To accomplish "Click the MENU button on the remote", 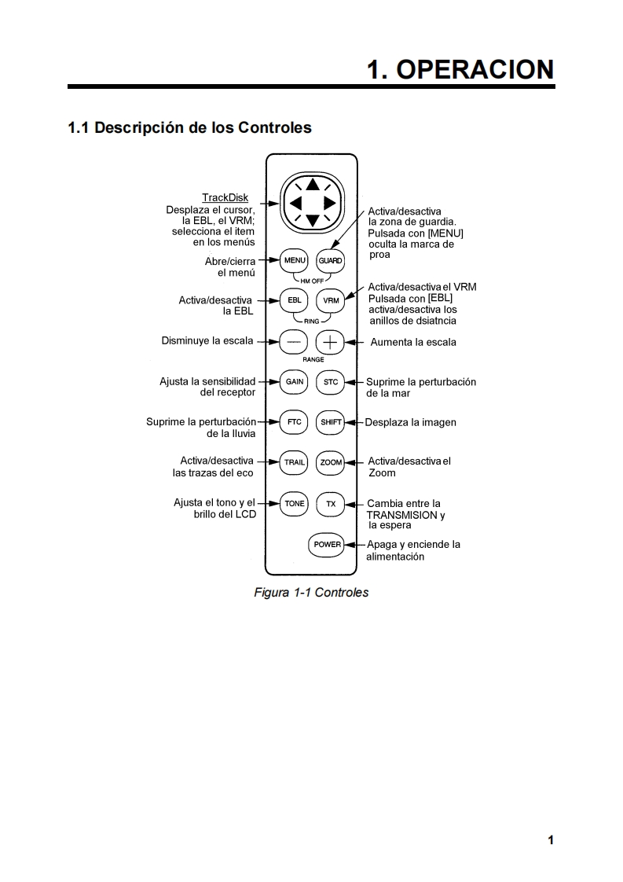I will pyautogui.click(x=295, y=260).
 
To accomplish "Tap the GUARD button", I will pyautogui.click(x=331, y=260).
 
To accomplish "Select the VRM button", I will pyautogui.click(x=331, y=300).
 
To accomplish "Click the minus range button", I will pyautogui.click(x=295, y=342).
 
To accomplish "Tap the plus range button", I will pyautogui.click(x=331, y=342).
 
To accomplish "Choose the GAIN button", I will pyautogui.click(x=295, y=382).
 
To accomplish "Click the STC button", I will pyautogui.click(x=331, y=382).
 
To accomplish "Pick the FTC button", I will pyautogui.click(x=295, y=422).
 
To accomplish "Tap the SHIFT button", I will pyautogui.click(x=331, y=422).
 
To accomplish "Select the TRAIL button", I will pyautogui.click(x=295, y=462).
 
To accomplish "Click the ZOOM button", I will pyautogui.click(x=331, y=462).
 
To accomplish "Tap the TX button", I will pyautogui.click(x=331, y=504).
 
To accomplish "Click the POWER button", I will pyautogui.click(x=328, y=544).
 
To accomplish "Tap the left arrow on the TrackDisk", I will pyautogui.click(x=295, y=204).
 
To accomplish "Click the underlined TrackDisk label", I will pyautogui.click(x=225, y=198).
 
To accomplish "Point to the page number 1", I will pyautogui.click(x=551, y=840).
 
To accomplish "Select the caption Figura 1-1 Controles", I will pyautogui.click(x=311, y=592).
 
